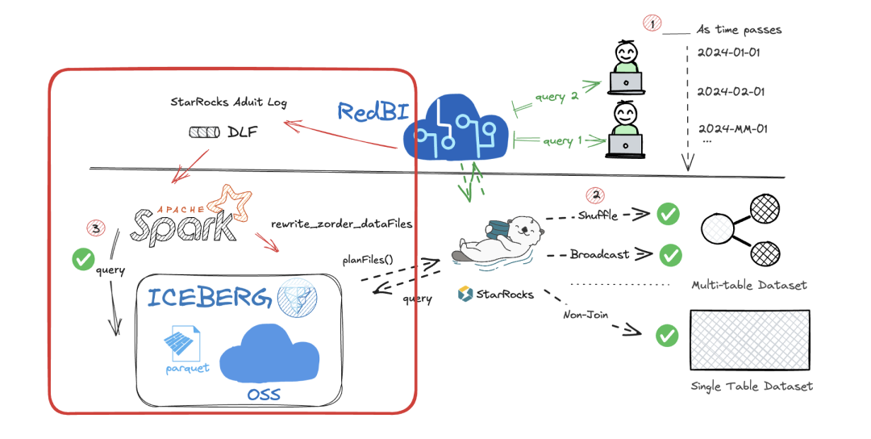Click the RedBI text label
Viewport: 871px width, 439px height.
(x=373, y=111)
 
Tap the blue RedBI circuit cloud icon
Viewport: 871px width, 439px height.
(x=456, y=128)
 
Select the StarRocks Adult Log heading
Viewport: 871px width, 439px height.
(x=228, y=102)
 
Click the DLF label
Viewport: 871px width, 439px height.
(x=243, y=132)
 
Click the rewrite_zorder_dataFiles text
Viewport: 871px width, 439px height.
(x=342, y=224)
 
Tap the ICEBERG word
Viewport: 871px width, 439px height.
(x=210, y=297)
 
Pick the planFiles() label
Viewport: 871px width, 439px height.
(x=368, y=260)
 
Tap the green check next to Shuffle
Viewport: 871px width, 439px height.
(x=668, y=214)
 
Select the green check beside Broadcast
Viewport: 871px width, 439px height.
(x=670, y=255)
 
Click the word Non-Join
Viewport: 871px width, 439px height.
(x=586, y=315)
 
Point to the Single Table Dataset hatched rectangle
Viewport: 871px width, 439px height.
(x=749, y=340)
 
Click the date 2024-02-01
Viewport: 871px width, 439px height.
(x=731, y=92)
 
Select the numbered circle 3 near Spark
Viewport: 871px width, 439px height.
(x=95, y=228)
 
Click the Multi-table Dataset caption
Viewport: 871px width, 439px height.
(x=748, y=285)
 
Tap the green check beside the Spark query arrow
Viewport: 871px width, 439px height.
(x=83, y=259)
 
